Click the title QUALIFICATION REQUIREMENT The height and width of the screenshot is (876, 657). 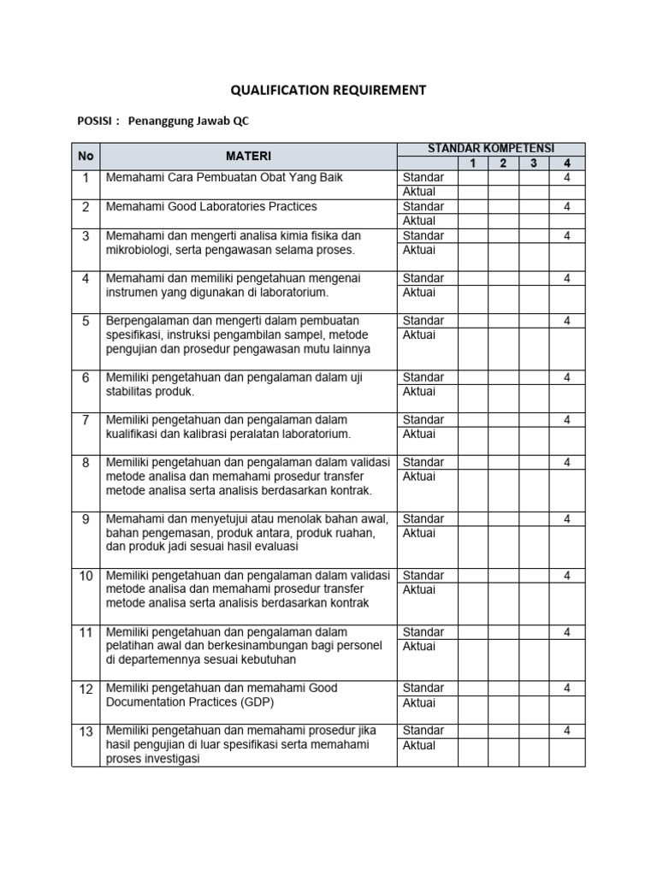click(x=328, y=90)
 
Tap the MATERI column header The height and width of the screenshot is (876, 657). click(x=248, y=157)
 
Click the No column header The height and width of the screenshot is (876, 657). click(x=86, y=157)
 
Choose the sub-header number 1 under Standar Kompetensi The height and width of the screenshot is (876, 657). click(x=472, y=163)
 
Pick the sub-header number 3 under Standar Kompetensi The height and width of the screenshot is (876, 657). click(x=533, y=163)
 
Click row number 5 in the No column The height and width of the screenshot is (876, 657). click(x=86, y=322)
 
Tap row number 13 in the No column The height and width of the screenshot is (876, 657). click(x=86, y=731)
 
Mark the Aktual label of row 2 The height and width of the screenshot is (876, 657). click(x=419, y=221)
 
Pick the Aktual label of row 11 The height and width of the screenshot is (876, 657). click(x=419, y=646)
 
